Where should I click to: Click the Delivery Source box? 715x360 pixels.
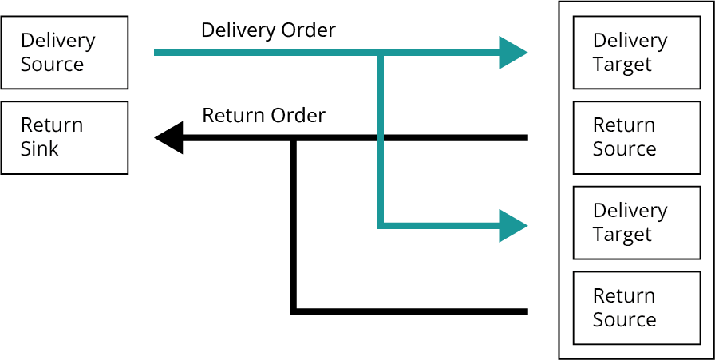click(65, 53)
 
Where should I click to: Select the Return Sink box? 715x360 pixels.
click(65, 137)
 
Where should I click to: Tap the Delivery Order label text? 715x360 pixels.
click(268, 30)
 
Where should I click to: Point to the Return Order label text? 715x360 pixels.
click(263, 116)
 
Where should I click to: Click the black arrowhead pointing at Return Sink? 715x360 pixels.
click(168, 137)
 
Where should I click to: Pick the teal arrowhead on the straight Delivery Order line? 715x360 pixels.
click(513, 53)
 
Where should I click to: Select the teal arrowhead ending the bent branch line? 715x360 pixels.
click(513, 225)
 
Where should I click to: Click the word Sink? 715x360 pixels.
click(40, 149)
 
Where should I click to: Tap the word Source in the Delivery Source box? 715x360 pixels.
click(52, 65)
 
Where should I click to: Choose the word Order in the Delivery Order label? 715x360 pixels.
click(309, 30)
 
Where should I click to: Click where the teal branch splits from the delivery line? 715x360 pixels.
click(381, 53)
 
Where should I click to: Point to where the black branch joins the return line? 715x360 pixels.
click(294, 138)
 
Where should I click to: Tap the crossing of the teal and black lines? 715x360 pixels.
click(381, 137)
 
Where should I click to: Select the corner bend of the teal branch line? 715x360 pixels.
click(381, 225)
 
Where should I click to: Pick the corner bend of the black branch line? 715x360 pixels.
click(294, 311)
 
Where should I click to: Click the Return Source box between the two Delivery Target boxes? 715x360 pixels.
click(637, 137)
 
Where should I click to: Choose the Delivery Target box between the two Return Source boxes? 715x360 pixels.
click(637, 223)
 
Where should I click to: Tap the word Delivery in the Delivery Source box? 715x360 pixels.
click(58, 42)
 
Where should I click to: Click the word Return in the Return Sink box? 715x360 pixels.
click(52, 125)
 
